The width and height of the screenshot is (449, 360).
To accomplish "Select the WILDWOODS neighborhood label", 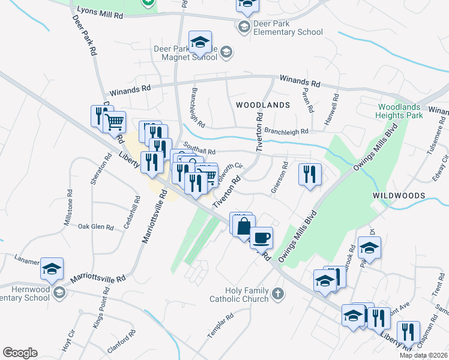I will point(399,196).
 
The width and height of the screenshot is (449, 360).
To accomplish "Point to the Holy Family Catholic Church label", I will point(239,295).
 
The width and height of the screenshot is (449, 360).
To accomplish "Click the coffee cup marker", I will point(261,238).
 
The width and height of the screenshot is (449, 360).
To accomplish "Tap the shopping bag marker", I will point(244,227).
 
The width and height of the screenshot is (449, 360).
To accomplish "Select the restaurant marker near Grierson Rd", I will point(309,174).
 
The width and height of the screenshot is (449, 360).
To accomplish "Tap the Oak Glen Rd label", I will point(96,227).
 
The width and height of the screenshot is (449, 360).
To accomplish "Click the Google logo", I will point(20,353).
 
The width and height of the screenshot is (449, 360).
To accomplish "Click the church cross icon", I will point(277,294).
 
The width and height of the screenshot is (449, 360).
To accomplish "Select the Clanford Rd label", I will point(119,347).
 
